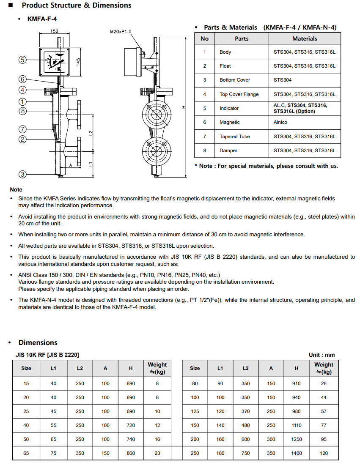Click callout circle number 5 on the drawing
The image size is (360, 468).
pyautogui.click(x=22, y=60)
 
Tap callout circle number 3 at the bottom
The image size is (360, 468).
pyautogui.click(x=22, y=174)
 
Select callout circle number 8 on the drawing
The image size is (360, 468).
pyautogui.click(x=22, y=111)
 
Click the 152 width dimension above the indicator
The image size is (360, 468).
pyautogui.click(x=54, y=31)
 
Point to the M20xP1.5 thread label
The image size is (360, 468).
pyautogui.click(x=121, y=32)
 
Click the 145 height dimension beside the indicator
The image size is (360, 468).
pyautogui.click(x=78, y=61)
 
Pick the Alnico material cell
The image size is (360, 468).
pyautogui.click(x=280, y=122)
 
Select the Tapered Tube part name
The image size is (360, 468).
pyautogui.click(x=234, y=137)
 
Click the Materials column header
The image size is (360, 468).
pyautogui.click(x=305, y=38)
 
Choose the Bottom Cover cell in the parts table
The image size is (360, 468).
pyautogui.click(x=234, y=80)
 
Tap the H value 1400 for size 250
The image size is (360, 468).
pyautogui.click(x=297, y=453)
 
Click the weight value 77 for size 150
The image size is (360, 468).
pyautogui.click(x=324, y=425)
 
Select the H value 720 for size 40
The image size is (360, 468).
pyautogui.click(x=131, y=425)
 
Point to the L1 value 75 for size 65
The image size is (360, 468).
pyautogui.click(x=53, y=453)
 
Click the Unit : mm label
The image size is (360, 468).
pyautogui.click(x=322, y=355)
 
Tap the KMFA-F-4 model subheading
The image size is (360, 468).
pyautogui.click(x=42, y=19)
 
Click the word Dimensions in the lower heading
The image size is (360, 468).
pyautogui.click(x=38, y=342)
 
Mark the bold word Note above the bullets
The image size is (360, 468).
pyautogui.click(x=16, y=190)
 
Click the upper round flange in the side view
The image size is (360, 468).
pyautogui.click(x=156, y=114)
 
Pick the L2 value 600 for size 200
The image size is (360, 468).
pyautogui.click(x=246, y=439)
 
